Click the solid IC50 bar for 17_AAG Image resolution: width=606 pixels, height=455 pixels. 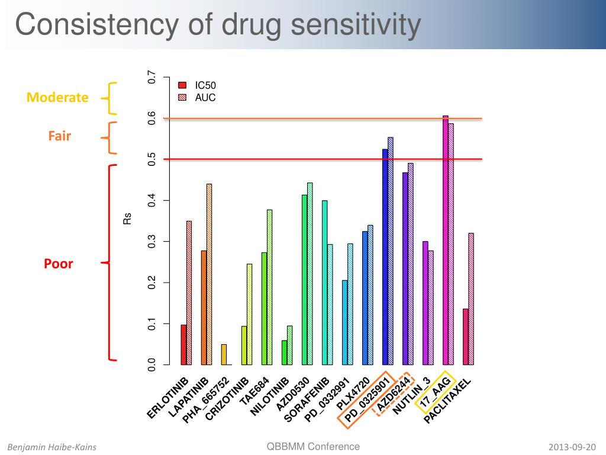coord(446,240)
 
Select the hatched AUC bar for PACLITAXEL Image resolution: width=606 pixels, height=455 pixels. coord(471,299)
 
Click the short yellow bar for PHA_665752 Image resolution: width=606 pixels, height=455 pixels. coord(224,354)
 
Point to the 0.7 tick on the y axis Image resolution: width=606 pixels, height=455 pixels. coord(152,78)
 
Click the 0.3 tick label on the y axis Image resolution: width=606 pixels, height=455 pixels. coord(152,242)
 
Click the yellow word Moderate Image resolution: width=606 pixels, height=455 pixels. coord(57,97)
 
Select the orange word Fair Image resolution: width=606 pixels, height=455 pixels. coord(60,136)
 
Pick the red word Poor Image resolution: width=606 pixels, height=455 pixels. coord(59,264)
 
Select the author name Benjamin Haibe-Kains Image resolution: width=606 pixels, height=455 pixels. coord(51,447)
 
